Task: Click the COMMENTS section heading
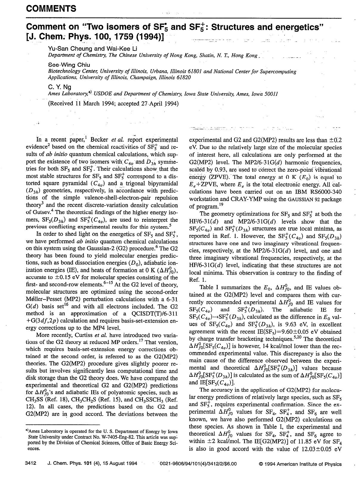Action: point(51,8)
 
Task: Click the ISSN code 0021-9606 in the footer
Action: point(171,464)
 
